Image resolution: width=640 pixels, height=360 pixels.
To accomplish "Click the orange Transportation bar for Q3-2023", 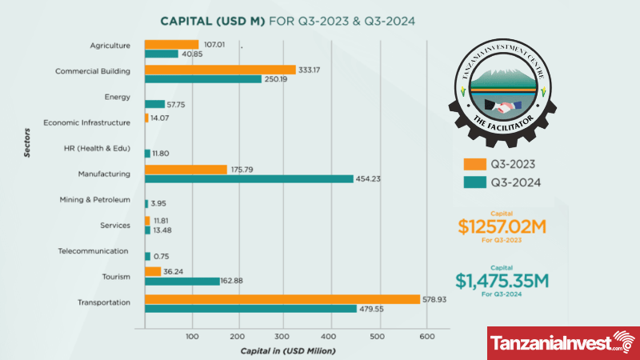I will (282, 299).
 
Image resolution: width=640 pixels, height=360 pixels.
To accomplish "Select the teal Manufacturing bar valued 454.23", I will (249, 178).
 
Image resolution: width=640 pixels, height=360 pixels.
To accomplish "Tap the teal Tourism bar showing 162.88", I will (182, 281).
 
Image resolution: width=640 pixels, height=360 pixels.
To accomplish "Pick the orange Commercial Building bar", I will (220, 70).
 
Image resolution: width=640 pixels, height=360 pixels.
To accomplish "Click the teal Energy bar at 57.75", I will (154, 104).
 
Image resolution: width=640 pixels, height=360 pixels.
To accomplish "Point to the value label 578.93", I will (436, 299).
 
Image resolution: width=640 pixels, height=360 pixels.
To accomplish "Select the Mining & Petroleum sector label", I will (94, 199).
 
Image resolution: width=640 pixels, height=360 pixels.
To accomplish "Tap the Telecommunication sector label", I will (94, 250).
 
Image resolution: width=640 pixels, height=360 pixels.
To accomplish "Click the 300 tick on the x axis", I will (285, 336).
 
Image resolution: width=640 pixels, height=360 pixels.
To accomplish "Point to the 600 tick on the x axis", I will (426, 336).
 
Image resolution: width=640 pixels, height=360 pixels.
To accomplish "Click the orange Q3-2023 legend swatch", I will (474, 165).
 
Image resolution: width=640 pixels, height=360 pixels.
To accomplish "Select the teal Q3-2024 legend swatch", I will (474, 182).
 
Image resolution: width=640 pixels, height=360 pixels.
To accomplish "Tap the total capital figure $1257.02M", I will (502, 226).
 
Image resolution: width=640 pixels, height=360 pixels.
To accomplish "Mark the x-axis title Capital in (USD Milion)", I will (287, 350).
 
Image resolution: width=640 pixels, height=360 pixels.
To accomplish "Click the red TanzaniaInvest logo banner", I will (563, 343).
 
